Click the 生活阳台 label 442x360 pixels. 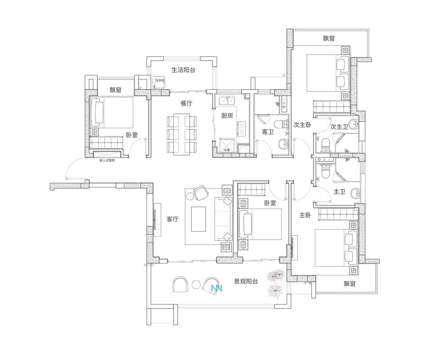click(x=183, y=70)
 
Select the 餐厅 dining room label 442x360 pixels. click(x=186, y=103)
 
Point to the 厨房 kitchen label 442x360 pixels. click(x=227, y=115)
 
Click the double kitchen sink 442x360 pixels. click(x=227, y=101)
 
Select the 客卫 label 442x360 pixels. click(x=268, y=132)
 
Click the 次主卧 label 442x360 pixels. click(x=302, y=125)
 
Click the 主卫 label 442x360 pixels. click(x=339, y=192)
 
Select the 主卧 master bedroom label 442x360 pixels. click(x=305, y=215)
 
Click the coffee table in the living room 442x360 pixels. click(x=198, y=219)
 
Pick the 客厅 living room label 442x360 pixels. click(x=172, y=219)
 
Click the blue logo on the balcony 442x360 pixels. click(x=216, y=288)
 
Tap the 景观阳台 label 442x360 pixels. click(x=246, y=281)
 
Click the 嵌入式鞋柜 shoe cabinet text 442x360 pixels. click(x=107, y=160)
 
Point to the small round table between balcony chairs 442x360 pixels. click(x=196, y=284)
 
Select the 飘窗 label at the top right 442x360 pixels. click(x=329, y=38)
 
